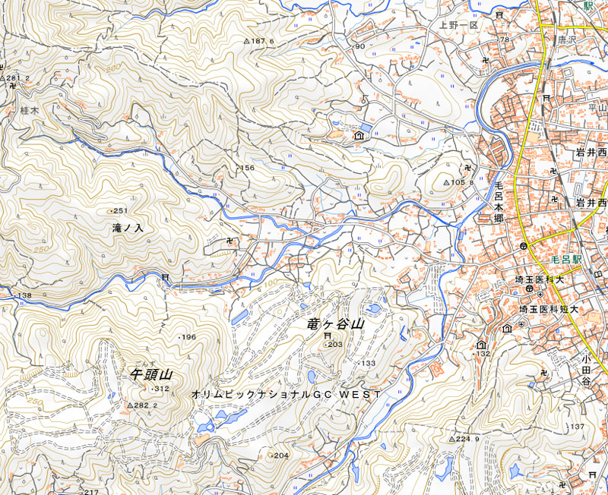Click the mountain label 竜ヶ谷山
[336, 324]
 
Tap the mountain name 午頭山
[152, 374]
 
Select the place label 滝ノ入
[128, 228]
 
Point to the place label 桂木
[29, 110]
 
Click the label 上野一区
[457, 25]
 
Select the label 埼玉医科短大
[549, 310]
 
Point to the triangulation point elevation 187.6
[261, 41]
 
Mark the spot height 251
[119, 210]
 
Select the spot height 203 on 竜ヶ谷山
[335, 344]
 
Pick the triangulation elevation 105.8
[463, 182]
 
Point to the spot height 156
[245, 168]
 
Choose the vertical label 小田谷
[587, 370]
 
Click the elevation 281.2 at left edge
[17, 78]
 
